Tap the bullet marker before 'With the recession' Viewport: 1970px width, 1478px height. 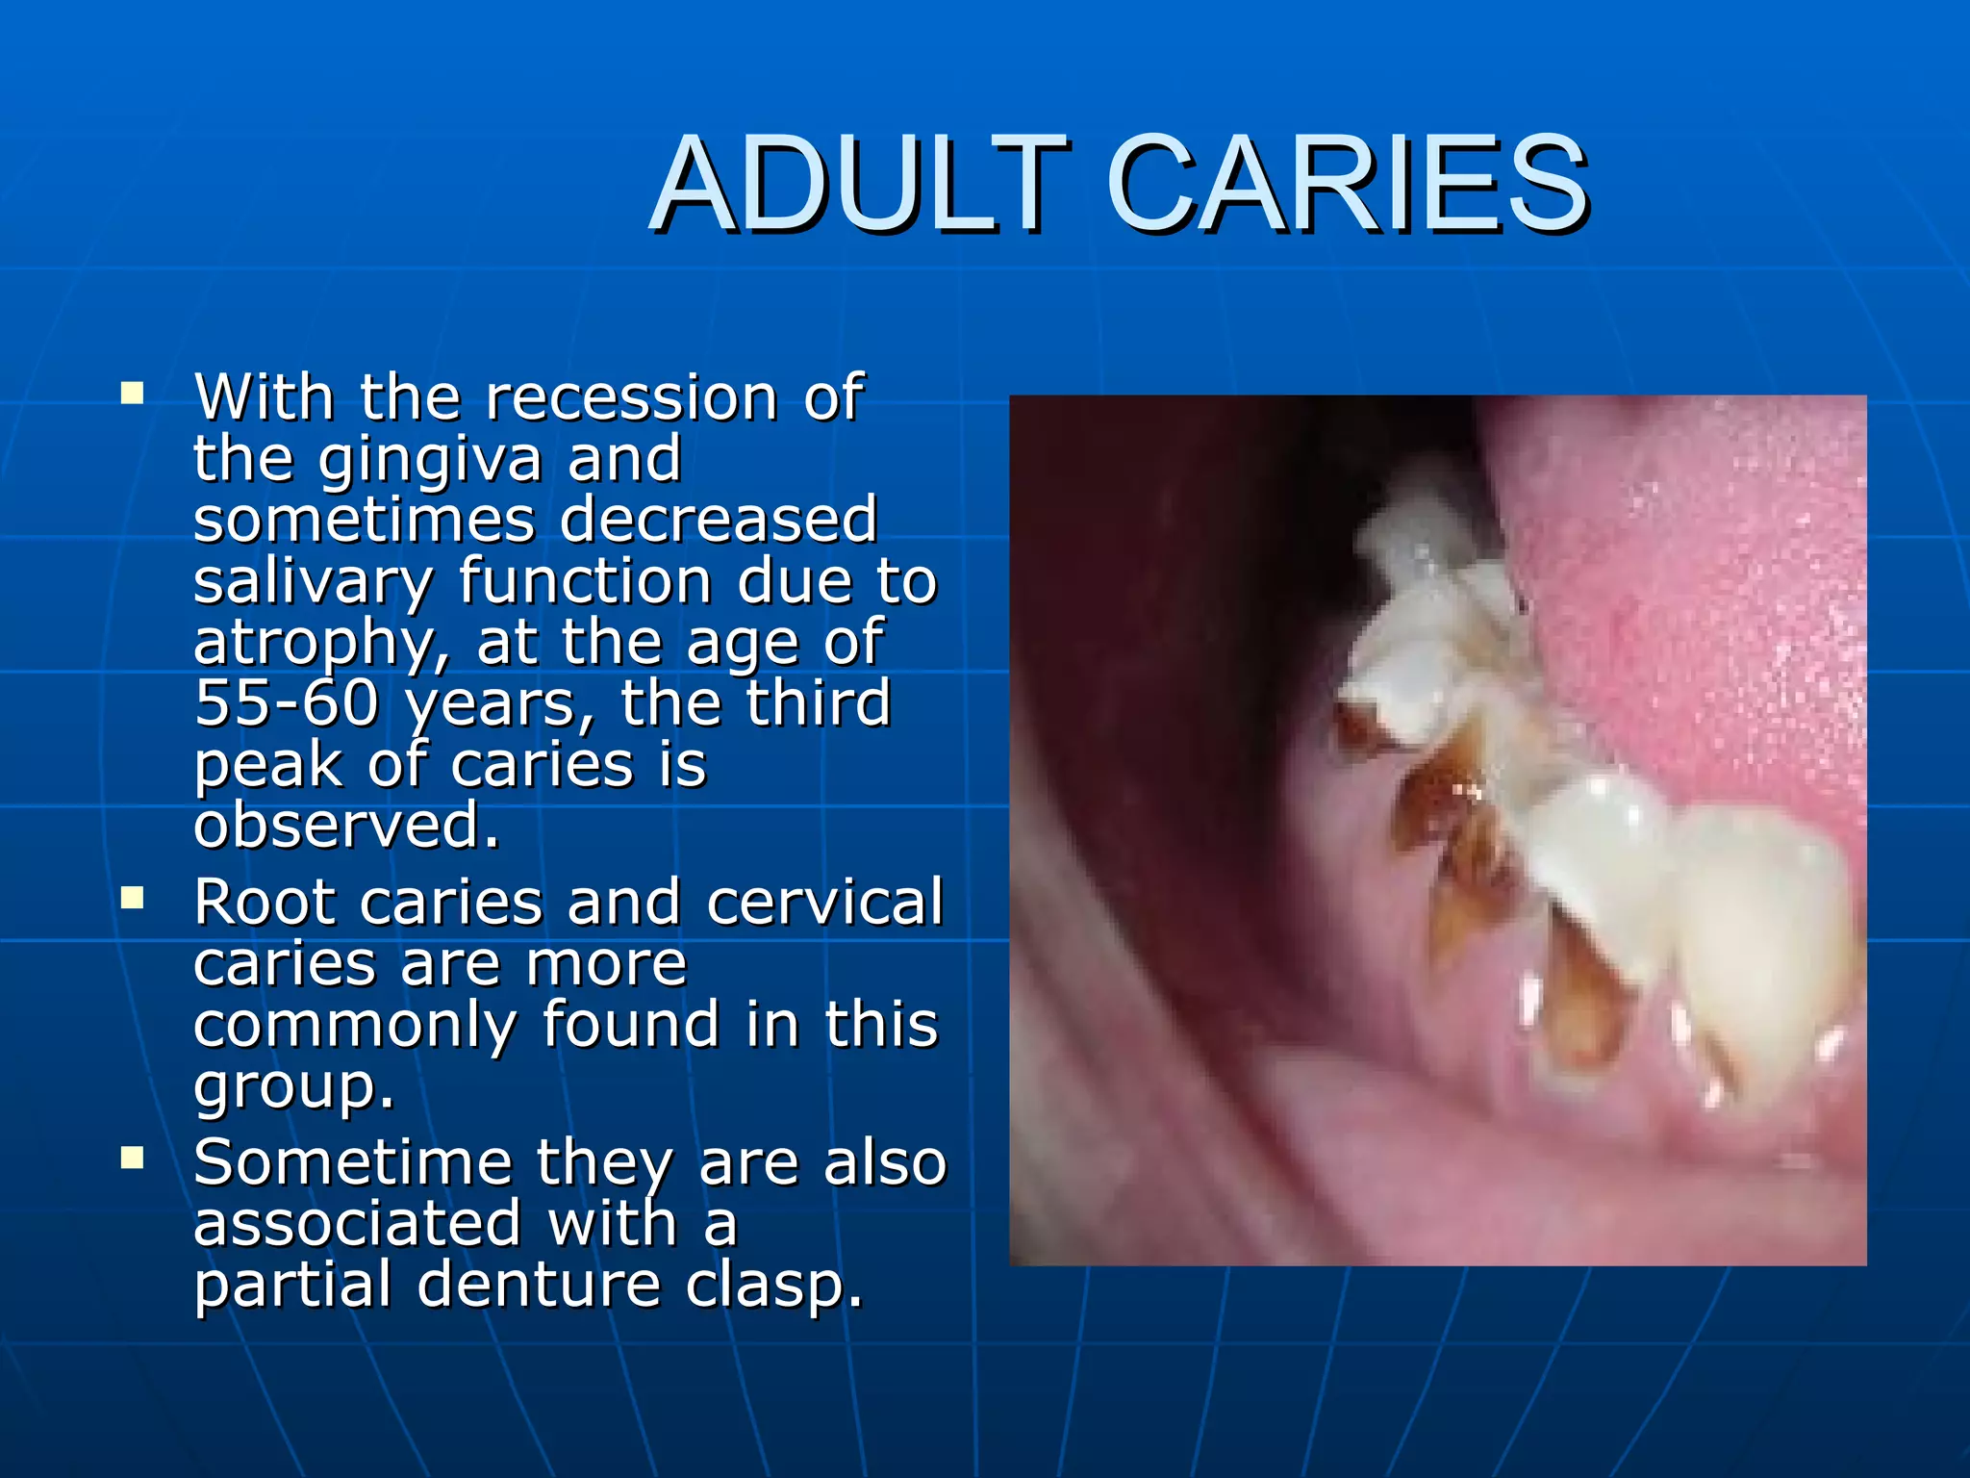[132, 394]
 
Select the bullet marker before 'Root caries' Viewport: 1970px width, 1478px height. [132, 899]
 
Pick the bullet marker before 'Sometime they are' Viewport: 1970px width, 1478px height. [132, 1158]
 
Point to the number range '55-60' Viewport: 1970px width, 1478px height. [287, 702]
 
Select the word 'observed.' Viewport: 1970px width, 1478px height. [346, 826]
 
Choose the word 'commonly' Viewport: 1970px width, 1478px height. [354, 1026]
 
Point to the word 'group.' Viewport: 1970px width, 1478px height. [293, 1087]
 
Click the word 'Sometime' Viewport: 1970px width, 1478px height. [352, 1162]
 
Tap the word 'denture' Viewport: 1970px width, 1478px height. [539, 1286]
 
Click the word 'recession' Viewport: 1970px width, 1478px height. [631, 397]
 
